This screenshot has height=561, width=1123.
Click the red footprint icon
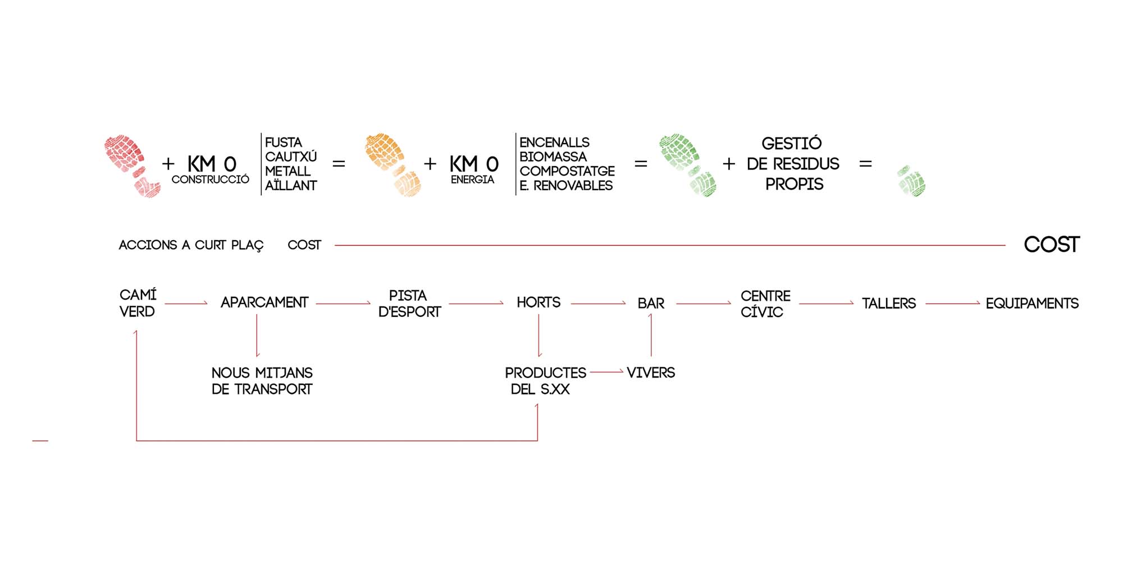(132, 166)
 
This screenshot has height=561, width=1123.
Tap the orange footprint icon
(392, 165)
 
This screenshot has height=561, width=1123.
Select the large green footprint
(687, 165)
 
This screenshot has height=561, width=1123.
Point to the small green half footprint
(911, 181)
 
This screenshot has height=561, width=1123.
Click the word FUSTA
(284, 142)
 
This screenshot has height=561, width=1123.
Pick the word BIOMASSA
(553, 157)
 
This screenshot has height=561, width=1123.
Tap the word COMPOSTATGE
(567, 171)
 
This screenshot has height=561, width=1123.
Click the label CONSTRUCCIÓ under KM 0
(211, 180)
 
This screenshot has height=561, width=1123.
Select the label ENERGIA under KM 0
(472, 180)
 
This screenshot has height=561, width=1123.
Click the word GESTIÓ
(792, 143)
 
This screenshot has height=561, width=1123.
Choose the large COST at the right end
(1052, 245)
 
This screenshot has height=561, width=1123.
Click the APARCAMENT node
(264, 303)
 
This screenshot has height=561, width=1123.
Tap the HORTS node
(538, 303)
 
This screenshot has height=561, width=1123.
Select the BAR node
(651, 304)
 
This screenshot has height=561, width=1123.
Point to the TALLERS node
(889, 304)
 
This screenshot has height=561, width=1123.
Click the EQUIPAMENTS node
(1032, 304)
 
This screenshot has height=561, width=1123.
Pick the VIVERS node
(651, 373)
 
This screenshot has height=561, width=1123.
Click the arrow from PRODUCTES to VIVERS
(606, 371)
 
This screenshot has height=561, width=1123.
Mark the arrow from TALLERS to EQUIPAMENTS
(952, 304)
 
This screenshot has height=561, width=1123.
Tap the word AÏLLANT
(291, 185)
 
